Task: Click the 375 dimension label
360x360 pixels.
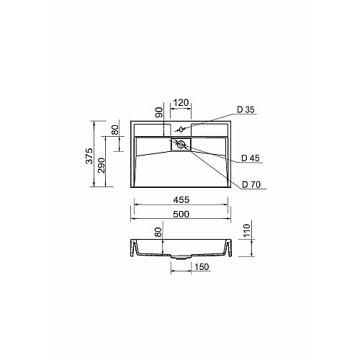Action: (89, 156)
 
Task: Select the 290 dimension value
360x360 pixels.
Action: (102, 166)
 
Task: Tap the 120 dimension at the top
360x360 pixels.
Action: (181, 103)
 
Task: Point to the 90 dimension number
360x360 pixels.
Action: (159, 112)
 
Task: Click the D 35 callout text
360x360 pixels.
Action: (246, 109)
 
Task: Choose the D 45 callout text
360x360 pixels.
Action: (251, 158)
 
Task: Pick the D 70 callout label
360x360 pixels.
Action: (251, 184)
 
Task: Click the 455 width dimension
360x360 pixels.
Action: (181, 199)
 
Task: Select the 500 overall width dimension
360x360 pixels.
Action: (181, 214)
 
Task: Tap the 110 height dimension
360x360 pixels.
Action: (247, 230)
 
